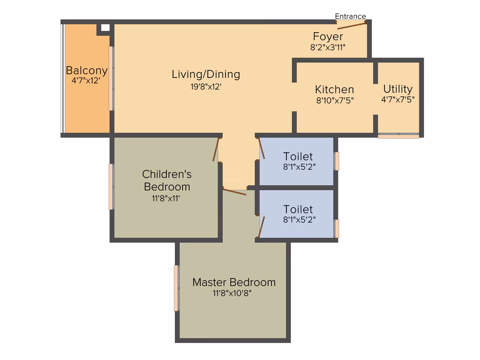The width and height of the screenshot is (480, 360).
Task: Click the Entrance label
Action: coord(350,16)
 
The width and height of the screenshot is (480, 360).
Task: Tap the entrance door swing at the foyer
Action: coord(351,25)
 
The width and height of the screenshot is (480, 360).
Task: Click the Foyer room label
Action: coord(328,36)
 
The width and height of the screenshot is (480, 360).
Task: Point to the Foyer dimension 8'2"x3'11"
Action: coord(328,47)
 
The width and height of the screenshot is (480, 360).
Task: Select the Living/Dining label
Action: coord(206,74)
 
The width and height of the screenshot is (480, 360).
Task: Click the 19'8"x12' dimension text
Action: coord(206,86)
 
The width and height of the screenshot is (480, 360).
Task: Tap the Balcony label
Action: coord(86,70)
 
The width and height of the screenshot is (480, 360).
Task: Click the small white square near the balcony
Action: coord(105,28)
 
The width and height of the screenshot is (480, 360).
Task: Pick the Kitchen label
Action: coord(334,89)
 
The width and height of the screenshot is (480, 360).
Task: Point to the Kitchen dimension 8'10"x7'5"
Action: coord(335,100)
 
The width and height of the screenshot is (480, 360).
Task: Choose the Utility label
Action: coord(398,89)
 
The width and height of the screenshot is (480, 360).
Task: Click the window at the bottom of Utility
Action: coord(398,136)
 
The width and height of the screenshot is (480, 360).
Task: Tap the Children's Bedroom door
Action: coord(216,149)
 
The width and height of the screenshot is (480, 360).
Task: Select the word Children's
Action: coord(167,174)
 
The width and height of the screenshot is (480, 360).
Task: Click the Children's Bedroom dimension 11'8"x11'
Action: coord(166,198)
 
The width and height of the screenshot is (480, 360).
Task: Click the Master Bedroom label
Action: coord(234,282)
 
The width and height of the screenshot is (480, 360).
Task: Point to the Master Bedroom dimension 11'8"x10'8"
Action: coord(232,293)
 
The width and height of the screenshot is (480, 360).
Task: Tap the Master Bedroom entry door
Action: coord(235,192)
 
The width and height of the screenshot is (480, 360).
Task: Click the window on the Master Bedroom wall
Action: coord(176,288)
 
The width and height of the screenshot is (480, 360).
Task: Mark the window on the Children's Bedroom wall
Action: coord(111,187)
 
